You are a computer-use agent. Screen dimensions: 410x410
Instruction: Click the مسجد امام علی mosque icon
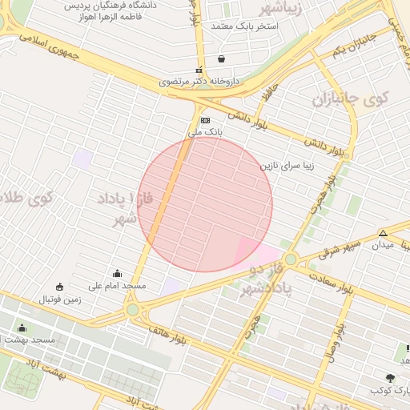(118, 273)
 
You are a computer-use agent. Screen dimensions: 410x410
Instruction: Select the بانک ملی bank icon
(205, 119)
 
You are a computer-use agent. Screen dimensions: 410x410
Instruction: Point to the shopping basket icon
(221, 58)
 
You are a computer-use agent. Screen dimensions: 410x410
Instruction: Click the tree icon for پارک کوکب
(390, 378)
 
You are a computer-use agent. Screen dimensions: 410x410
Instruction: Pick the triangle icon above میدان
(384, 233)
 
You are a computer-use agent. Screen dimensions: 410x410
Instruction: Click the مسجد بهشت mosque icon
(22, 328)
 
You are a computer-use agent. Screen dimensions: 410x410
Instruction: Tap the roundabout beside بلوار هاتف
(132, 309)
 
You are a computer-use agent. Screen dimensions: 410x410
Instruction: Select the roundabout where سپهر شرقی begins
(290, 259)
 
